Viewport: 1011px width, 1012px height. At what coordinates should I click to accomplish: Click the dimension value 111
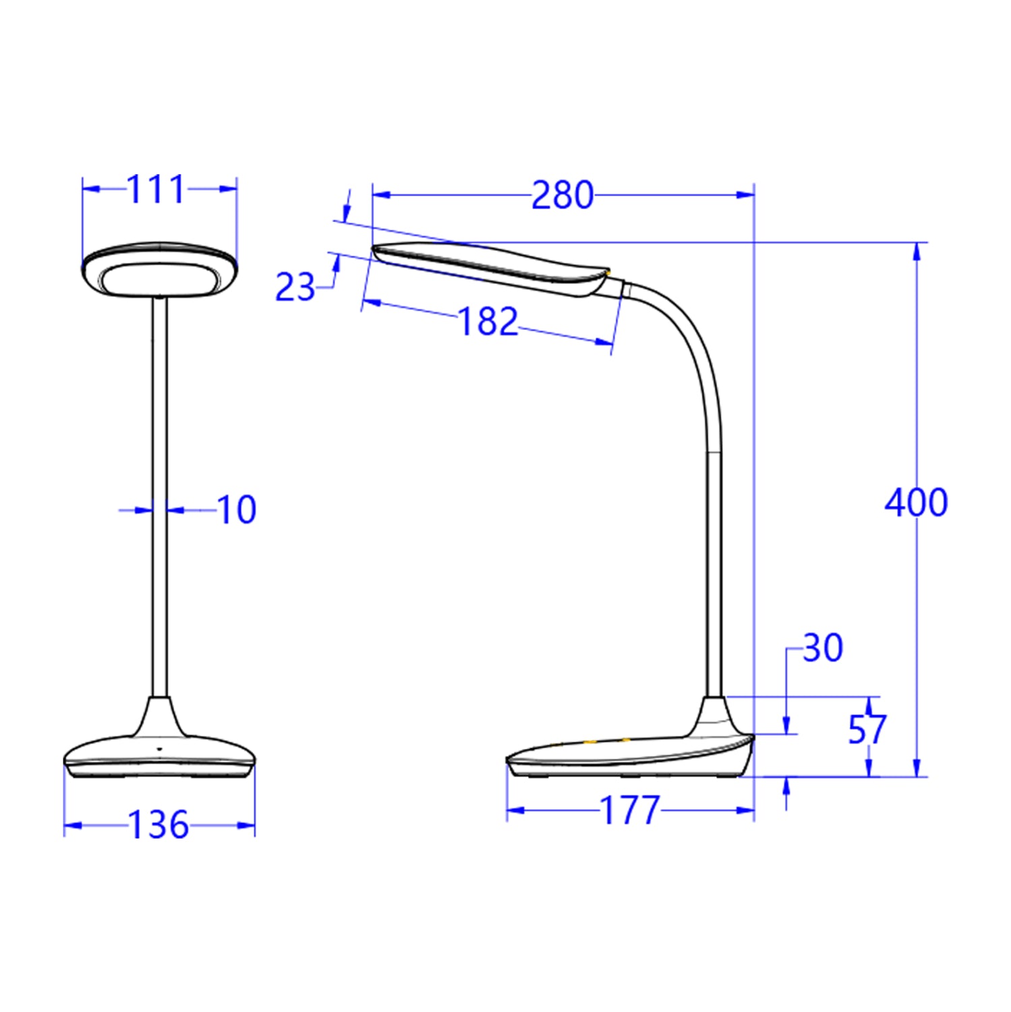156,190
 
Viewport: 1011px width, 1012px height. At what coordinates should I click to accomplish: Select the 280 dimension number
562,196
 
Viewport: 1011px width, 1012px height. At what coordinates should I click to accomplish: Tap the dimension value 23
295,288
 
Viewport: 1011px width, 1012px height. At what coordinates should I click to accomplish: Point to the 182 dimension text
488,322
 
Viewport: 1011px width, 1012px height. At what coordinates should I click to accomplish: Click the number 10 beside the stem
237,510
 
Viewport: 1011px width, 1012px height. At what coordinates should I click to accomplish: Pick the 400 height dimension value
916,503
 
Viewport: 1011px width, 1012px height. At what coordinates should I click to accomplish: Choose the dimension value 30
823,648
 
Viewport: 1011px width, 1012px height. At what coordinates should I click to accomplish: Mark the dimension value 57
867,729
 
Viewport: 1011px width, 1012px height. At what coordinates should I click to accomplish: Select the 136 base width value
158,825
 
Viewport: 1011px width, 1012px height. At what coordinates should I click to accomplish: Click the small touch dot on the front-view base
160,749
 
